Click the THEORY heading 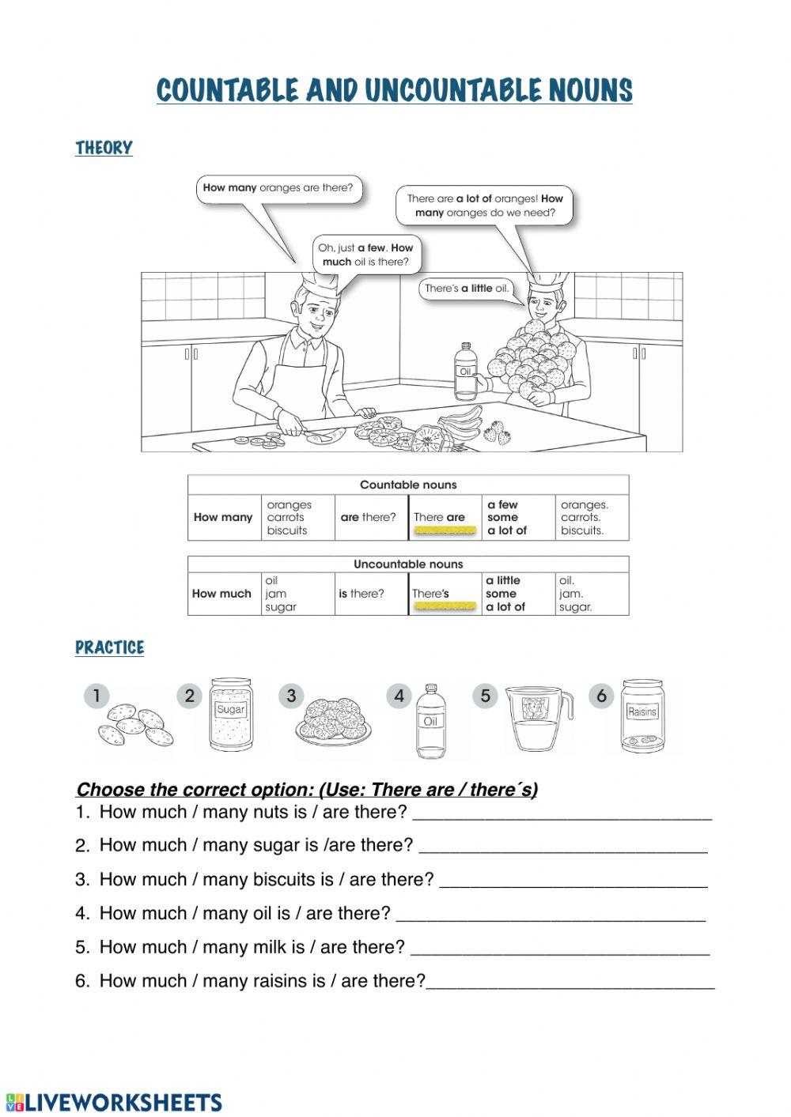click(104, 148)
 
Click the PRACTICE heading click(109, 647)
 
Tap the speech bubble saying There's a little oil click(466, 289)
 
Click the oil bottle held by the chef click(465, 372)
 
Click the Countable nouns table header click(408, 485)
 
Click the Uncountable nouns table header click(408, 564)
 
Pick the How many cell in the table click(223, 518)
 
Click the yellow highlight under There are click(445, 531)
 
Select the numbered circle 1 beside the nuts click(97, 696)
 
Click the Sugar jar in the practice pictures click(231, 715)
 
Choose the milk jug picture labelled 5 click(538, 719)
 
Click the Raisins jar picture click(642, 716)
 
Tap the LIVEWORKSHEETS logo click(114, 1102)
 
